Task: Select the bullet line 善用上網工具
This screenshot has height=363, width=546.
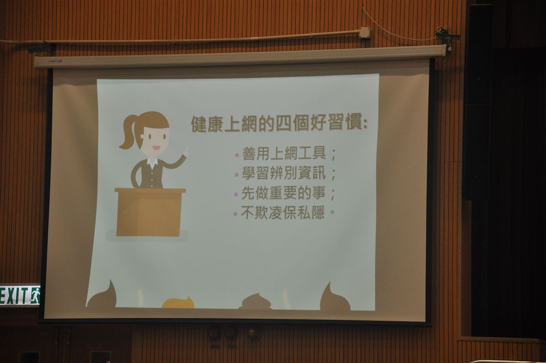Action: [x=284, y=153]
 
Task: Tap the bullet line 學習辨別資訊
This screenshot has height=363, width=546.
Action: [x=284, y=173]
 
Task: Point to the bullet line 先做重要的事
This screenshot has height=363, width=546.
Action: [x=283, y=193]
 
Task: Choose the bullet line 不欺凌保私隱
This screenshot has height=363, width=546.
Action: [x=283, y=213]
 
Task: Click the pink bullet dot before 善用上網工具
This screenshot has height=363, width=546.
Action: [x=237, y=155]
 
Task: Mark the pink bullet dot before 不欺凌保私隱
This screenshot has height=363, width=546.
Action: [x=235, y=214]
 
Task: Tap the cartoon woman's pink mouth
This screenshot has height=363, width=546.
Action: [x=156, y=148]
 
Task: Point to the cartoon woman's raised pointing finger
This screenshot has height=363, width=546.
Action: [x=187, y=151]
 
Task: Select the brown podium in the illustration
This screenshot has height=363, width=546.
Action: [x=149, y=212]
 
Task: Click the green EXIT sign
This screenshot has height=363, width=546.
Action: [x=20, y=295]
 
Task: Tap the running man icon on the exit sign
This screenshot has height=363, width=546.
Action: [x=35, y=296]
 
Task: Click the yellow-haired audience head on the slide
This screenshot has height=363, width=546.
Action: [x=178, y=303]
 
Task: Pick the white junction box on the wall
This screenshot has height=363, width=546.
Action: [x=365, y=33]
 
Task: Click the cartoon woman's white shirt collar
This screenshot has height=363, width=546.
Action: [x=152, y=162]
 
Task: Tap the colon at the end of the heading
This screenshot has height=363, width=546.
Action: [x=365, y=124]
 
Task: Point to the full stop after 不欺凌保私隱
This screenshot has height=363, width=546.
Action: [x=332, y=211]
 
